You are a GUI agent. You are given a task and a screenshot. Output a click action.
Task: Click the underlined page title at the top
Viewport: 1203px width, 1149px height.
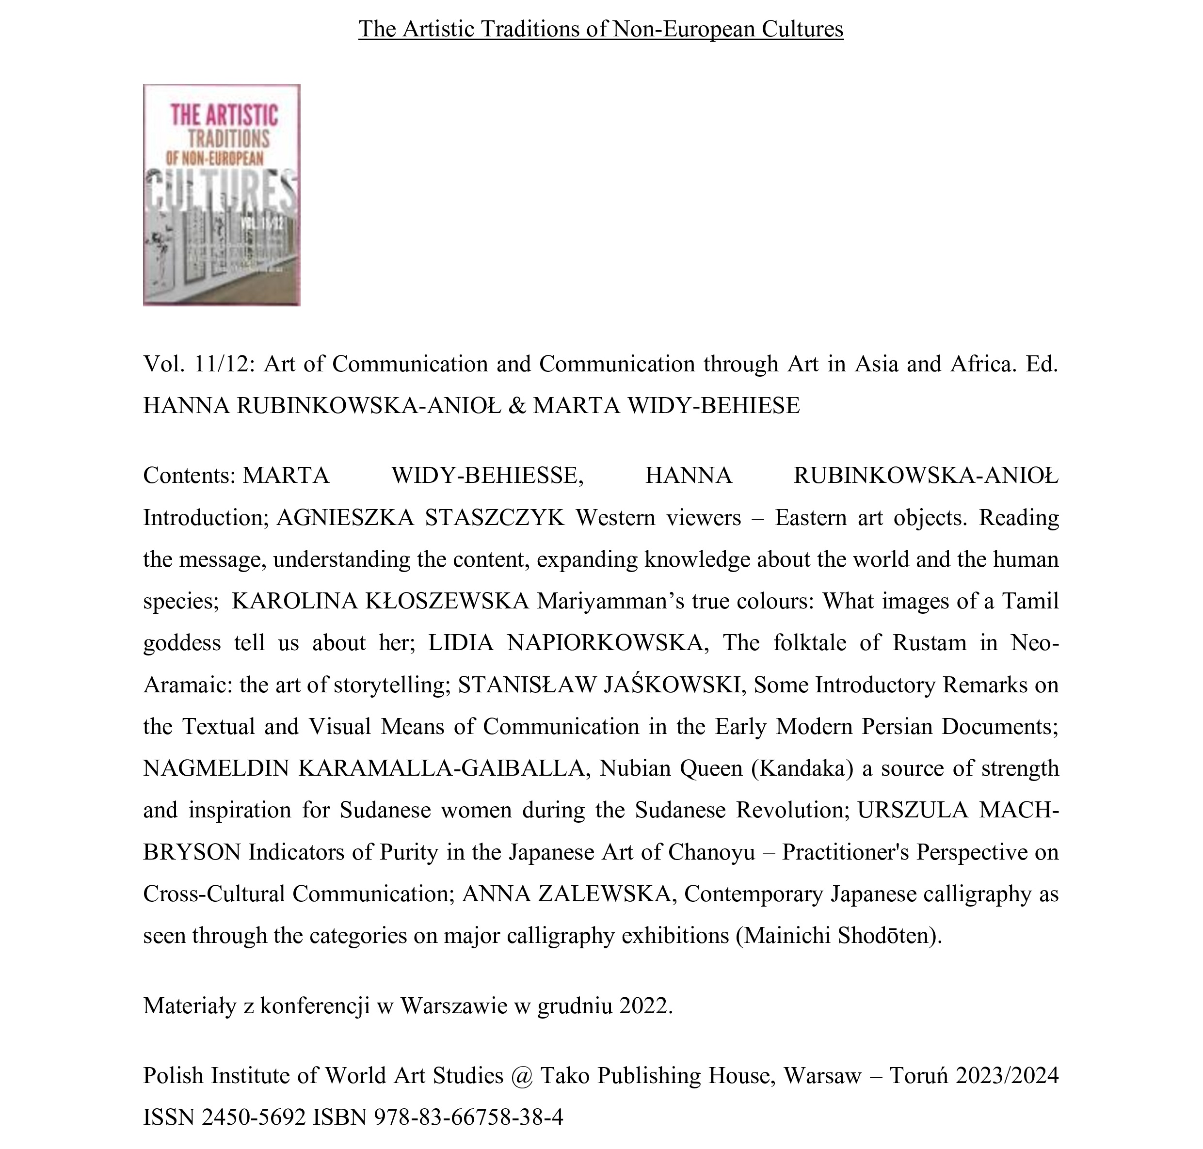click(x=600, y=29)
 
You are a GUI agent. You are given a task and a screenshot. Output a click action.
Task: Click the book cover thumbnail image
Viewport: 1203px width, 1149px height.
click(x=221, y=195)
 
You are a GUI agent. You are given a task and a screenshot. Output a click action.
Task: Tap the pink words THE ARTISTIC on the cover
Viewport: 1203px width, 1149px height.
click(x=224, y=115)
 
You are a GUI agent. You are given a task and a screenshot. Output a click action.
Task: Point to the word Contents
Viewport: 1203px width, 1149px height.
click(x=189, y=475)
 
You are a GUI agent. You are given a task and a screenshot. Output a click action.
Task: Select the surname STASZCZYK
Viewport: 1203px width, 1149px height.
click(x=494, y=518)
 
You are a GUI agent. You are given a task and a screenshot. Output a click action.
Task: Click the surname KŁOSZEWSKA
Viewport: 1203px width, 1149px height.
click(x=447, y=601)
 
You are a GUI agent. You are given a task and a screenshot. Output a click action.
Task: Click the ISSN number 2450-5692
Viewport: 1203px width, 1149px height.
click(x=254, y=1117)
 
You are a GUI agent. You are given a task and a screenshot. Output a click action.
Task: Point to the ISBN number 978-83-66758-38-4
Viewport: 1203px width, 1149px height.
click(x=468, y=1117)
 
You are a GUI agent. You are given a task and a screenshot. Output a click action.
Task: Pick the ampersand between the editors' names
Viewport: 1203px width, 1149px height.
click(x=517, y=405)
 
